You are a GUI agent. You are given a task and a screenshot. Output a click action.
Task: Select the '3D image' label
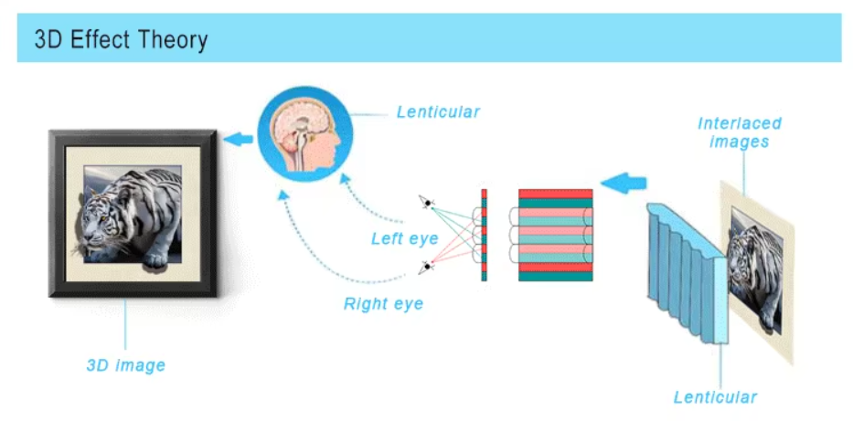[126, 365]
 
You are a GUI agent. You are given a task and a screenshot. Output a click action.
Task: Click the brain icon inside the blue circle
[299, 136]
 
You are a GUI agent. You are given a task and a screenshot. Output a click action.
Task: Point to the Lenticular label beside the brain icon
[438, 112]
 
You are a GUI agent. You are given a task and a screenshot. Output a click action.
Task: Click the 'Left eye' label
[404, 239]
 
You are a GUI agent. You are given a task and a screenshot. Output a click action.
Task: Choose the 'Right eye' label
[383, 304]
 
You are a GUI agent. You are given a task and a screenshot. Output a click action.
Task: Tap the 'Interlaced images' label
[740, 132]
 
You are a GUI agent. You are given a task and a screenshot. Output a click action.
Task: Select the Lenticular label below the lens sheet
[715, 397]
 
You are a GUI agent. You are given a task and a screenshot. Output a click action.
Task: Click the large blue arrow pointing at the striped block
[624, 183]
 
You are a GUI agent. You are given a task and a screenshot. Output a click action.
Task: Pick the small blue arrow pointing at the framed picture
[240, 139]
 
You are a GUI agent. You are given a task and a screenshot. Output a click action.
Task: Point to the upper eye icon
[425, 201]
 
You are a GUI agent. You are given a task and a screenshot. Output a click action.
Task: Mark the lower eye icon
[425, 267]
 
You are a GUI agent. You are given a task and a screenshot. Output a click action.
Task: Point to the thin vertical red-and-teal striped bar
[484, 235]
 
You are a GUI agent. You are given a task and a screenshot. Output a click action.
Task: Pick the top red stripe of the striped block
[555, 194]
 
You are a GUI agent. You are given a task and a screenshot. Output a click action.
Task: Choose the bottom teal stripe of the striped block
[555, 276]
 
